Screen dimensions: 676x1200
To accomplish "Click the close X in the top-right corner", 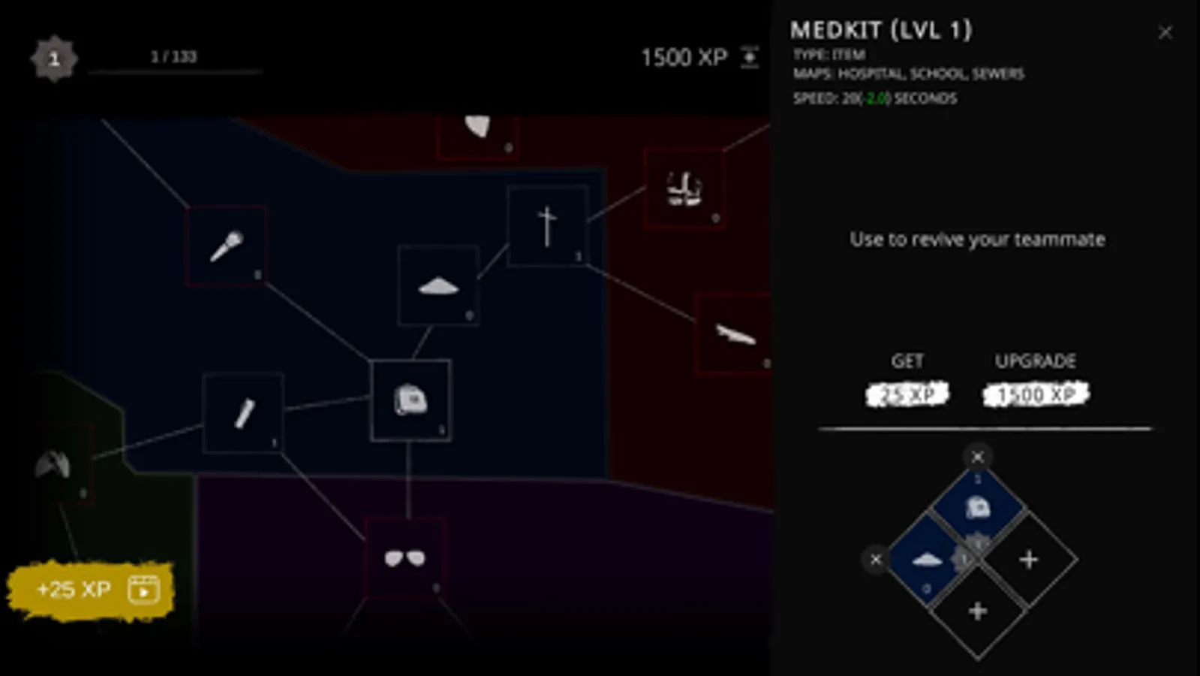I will point(1165,32).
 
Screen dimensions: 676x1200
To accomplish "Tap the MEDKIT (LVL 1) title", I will point(881,30).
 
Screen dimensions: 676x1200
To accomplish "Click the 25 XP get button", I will point(907,394).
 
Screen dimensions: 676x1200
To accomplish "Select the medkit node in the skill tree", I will point(411,400).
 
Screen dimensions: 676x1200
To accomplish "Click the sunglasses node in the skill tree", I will point(405,558).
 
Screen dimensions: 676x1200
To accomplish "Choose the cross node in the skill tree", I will point(547,225).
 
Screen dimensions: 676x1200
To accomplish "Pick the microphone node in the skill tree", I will point(226,246).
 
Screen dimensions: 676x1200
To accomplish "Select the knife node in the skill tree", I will point(734,333).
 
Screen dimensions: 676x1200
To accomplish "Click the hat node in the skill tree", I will point(438,285).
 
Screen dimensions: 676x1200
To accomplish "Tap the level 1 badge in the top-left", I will point(54,59).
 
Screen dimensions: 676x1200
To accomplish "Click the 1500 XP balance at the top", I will point(684,58).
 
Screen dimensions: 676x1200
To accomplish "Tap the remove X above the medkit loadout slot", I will point(977,457).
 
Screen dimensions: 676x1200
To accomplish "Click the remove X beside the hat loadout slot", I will point(875,560).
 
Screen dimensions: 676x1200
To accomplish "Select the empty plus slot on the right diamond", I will point(1029,560).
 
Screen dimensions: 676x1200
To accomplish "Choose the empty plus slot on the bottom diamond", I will point(977,611).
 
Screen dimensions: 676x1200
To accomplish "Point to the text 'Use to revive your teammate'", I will point(977,240).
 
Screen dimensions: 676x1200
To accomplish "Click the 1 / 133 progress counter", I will point(173,57).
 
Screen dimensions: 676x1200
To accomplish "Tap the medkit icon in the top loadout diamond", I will point(977,508).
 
